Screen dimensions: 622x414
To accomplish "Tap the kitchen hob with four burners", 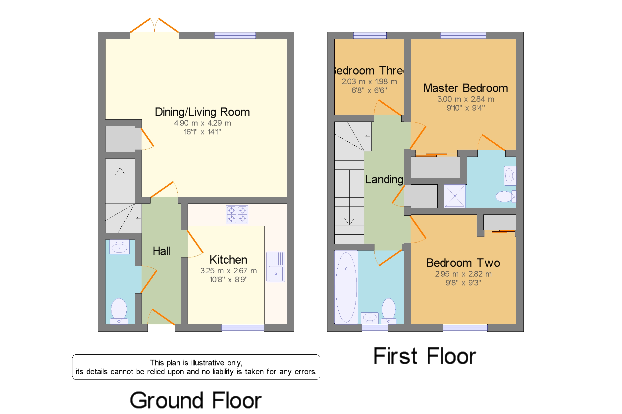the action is click(237, 214).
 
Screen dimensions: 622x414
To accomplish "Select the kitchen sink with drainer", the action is click(275, 267).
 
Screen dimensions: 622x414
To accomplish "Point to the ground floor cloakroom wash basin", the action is click(119, 247).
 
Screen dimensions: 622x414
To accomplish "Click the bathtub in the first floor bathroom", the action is click(346, 287).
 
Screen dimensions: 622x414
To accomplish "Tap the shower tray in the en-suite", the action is click(454, 196).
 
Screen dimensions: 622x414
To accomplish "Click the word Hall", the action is click(161, 251).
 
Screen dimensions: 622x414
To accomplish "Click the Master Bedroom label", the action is click(466, 88).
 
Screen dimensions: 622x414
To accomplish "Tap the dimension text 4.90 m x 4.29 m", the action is click(202, 123).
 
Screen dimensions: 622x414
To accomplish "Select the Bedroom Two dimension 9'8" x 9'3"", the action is click(463, 283).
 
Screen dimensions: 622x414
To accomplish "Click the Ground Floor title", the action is click(196, 400).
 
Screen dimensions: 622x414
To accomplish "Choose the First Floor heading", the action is click(424, 356).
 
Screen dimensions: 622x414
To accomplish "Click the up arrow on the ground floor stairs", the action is click(120, 181).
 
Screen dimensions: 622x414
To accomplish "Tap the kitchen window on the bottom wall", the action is click(243, 328).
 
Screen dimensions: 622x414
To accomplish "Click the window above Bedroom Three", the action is click(370, 36).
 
